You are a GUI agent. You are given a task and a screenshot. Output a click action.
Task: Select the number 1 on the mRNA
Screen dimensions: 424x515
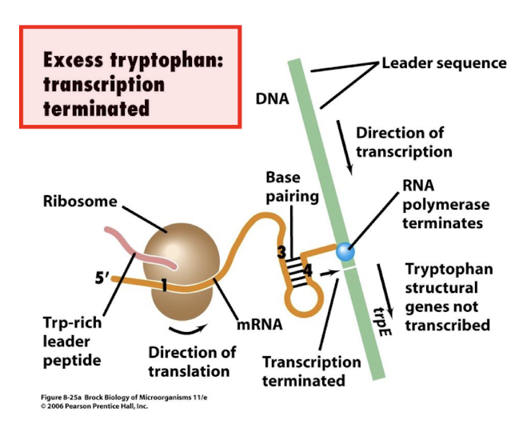[x=163, y=284]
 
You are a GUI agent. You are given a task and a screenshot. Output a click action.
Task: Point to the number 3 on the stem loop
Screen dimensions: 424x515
[x=281, y=254]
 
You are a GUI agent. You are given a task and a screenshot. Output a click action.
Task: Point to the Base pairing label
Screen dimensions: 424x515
[x=292, y=186]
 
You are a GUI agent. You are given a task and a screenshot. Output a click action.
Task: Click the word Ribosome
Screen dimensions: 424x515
[x=80, y=201]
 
